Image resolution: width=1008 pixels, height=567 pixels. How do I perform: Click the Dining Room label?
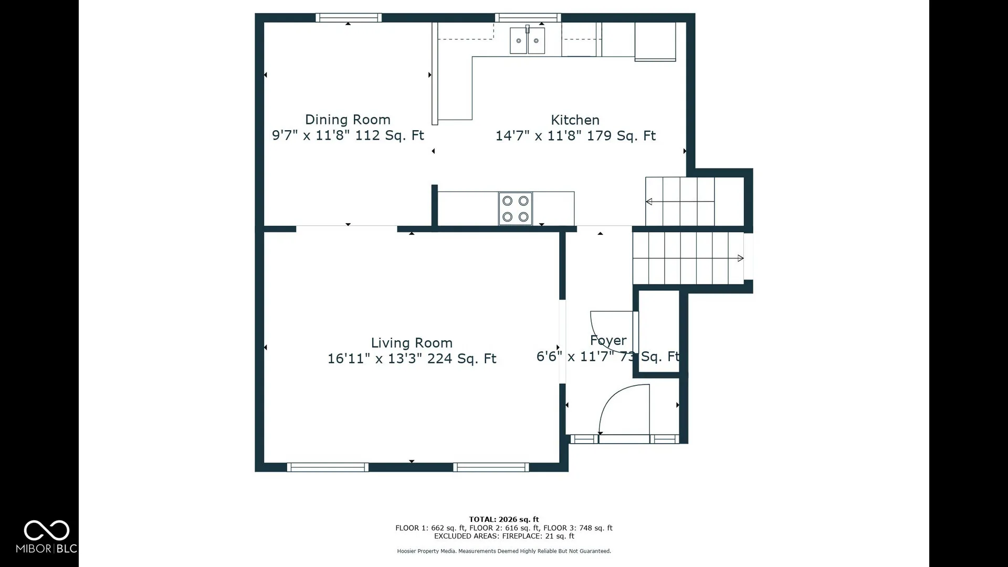[348, 120]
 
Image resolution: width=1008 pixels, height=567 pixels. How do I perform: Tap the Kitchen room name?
[575, 120]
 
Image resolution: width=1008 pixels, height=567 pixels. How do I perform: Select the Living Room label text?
[412, 343]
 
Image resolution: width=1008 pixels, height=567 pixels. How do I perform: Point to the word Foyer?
[608, 341]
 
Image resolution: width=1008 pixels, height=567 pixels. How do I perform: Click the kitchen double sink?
[527, 40]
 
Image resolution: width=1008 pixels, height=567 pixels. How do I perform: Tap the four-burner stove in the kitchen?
[516, 208]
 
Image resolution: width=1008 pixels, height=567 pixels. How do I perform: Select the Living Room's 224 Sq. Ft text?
[461, 359]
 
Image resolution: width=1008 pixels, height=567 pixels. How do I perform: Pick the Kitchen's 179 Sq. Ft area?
[621, 135]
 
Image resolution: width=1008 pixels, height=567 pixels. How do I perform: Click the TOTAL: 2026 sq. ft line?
[504, 519]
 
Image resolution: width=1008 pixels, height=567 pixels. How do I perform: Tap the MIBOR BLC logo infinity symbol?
[47, 530]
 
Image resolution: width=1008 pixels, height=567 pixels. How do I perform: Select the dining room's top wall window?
[349, 18]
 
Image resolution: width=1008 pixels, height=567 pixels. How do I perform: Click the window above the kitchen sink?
[528, 18]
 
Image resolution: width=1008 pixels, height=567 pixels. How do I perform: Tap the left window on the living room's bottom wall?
[328, 467]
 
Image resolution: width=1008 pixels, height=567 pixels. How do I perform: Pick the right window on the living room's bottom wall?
[491, 467]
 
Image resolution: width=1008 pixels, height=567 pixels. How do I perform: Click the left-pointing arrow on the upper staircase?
[680, 202]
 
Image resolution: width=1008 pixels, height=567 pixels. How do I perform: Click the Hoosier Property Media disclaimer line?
[504, 551]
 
